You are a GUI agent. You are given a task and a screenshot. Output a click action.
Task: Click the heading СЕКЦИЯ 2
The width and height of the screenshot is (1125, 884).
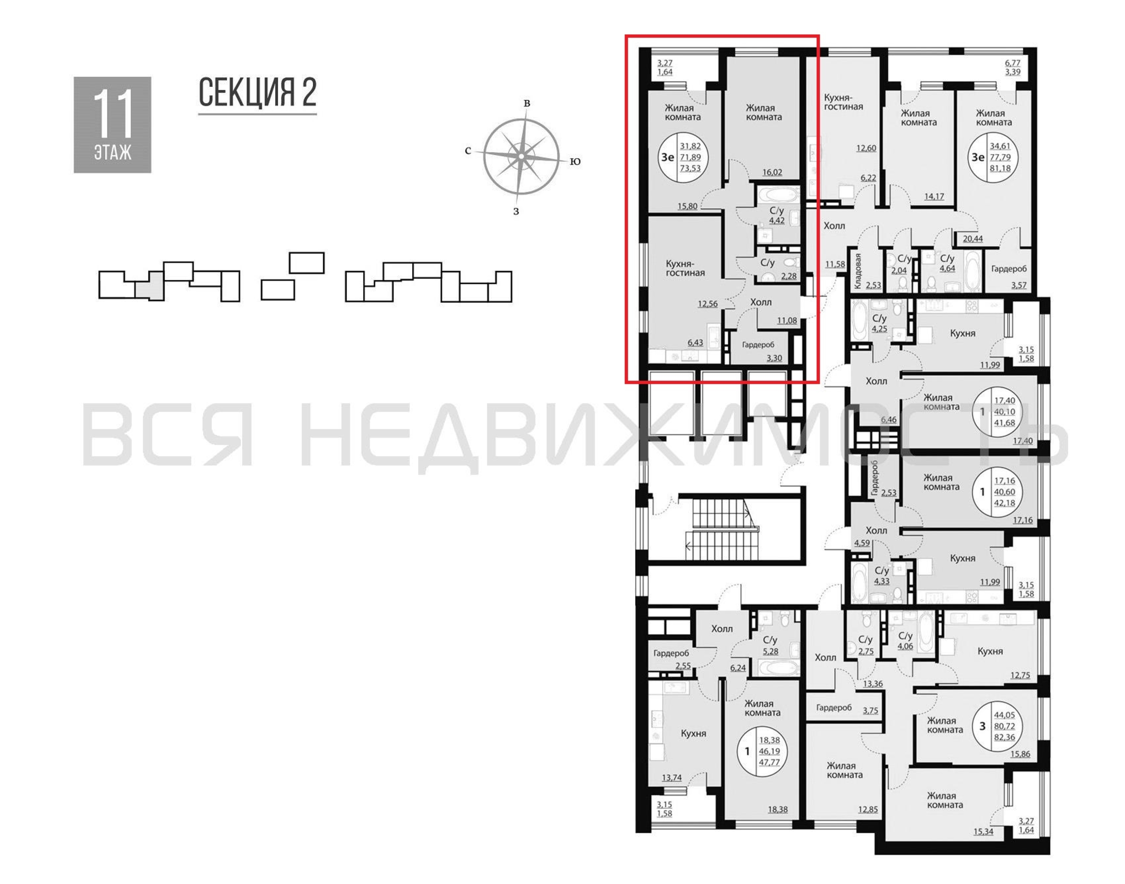point(257,93)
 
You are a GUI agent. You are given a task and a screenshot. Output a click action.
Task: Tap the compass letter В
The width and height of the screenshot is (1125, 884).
point(527,103)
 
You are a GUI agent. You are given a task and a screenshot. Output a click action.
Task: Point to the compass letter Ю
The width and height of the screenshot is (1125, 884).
point(575,161)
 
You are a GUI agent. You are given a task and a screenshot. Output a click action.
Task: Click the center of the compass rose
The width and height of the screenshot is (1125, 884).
point(521,156)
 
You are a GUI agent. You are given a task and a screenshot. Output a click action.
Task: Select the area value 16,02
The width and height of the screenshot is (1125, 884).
point(772,172)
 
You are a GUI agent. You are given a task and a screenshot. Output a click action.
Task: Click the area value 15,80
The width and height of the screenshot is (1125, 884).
point(687,206)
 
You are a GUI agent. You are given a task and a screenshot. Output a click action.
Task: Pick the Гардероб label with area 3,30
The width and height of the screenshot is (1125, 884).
point(758,345)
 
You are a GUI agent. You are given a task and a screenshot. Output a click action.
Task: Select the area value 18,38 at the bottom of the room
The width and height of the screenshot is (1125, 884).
point(777,809)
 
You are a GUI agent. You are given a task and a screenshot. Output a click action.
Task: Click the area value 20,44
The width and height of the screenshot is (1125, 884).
point(973,239)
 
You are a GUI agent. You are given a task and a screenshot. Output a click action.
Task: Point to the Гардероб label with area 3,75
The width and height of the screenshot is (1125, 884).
point(834,707)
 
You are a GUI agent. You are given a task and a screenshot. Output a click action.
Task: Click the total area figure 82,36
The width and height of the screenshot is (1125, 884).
point(1004,737)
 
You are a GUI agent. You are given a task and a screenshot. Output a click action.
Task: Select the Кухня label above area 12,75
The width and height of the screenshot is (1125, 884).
point(990,651)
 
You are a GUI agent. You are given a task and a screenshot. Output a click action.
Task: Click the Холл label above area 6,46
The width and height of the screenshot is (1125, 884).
point(876,381)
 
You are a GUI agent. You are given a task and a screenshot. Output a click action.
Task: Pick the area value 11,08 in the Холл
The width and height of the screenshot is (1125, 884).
point(787,320)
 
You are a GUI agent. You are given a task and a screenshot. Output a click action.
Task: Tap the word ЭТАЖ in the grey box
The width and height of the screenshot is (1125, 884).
point(113,152)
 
